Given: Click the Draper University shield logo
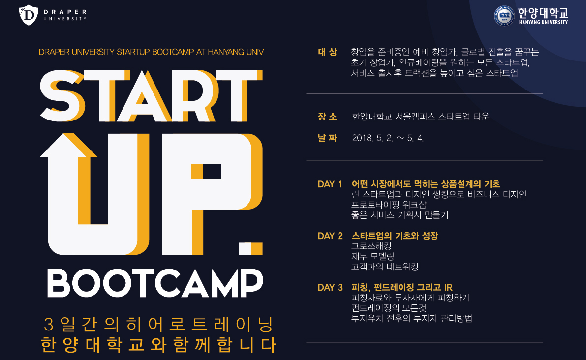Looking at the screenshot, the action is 29,15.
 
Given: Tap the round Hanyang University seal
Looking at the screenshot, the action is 504,16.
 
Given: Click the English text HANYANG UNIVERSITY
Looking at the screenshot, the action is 543,22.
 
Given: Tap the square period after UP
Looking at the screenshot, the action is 251,249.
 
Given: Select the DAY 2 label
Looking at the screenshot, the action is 330,236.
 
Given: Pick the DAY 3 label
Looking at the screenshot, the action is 330,287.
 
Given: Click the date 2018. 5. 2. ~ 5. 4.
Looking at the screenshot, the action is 388,138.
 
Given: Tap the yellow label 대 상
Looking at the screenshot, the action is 327,52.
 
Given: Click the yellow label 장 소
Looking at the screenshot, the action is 327,117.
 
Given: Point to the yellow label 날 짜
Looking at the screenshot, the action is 327,138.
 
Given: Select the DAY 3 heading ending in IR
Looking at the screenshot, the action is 402,287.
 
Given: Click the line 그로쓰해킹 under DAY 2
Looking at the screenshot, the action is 371,246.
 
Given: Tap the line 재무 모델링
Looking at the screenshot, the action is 372,256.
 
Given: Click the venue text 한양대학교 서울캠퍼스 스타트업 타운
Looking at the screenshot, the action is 421,117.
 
